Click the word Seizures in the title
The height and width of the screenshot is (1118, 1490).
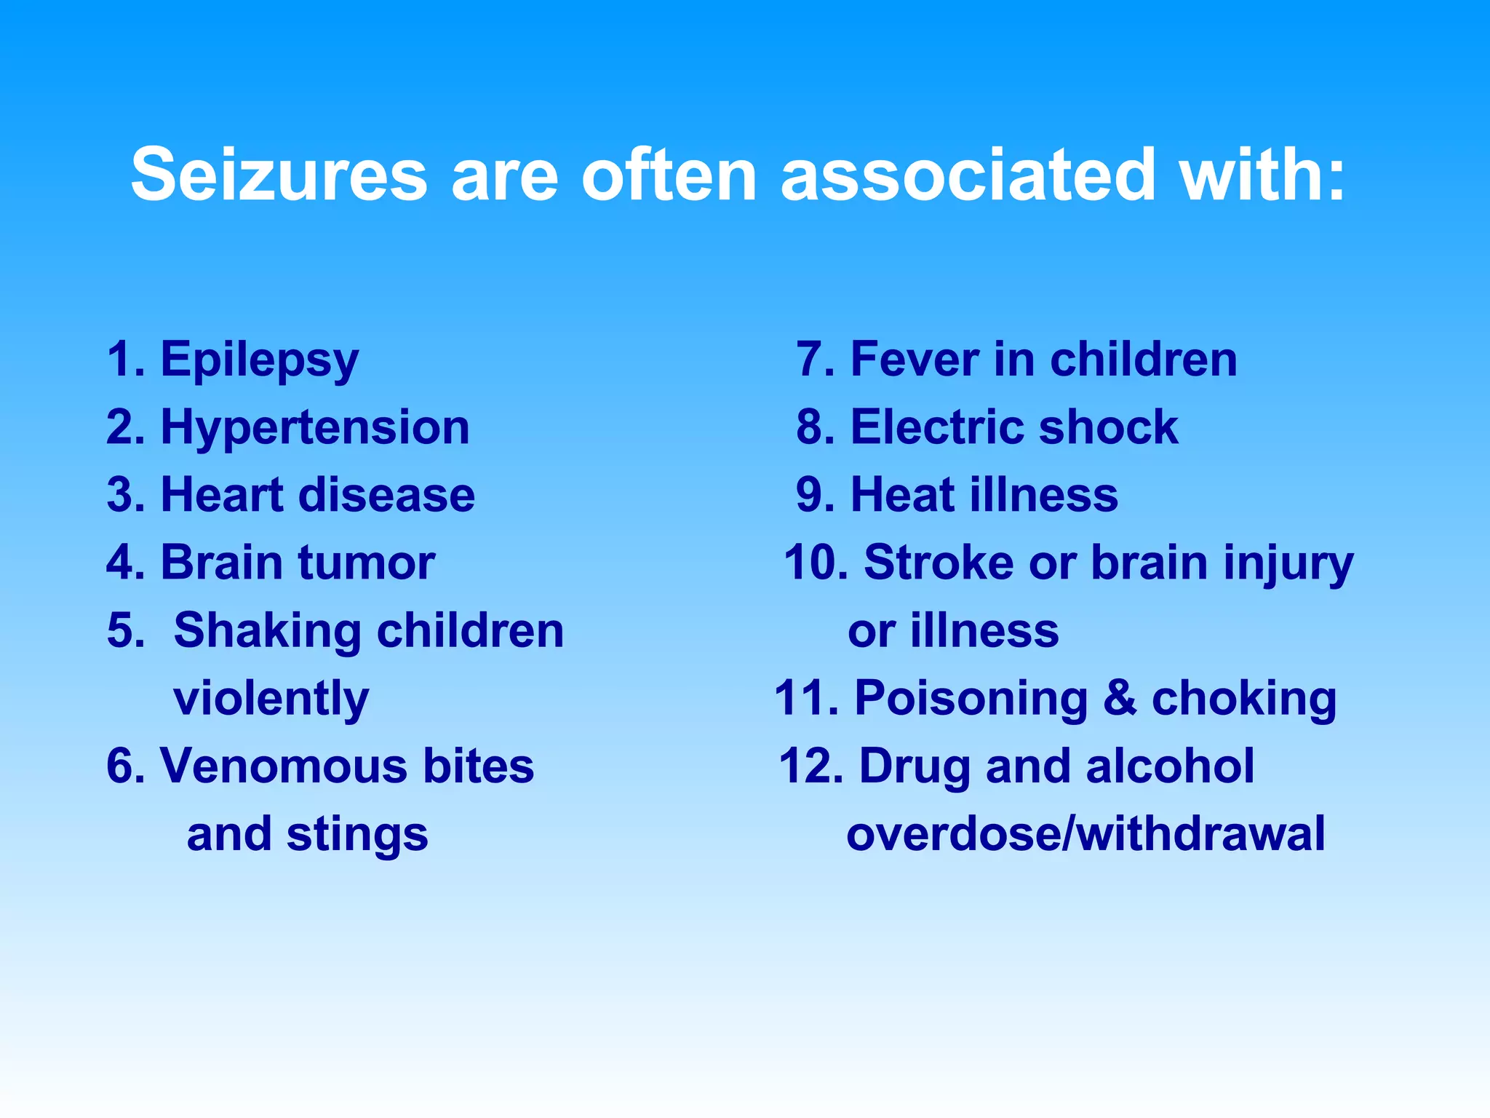279,175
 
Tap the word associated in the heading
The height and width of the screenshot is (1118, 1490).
968,175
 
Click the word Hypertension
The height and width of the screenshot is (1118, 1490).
315,428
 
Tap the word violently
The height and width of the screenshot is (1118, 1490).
271,699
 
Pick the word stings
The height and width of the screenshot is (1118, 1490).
357,836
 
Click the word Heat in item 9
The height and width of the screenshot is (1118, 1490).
901,495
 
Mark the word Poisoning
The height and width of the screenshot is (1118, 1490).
971,699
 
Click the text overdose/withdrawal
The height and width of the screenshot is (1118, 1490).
1085,834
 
